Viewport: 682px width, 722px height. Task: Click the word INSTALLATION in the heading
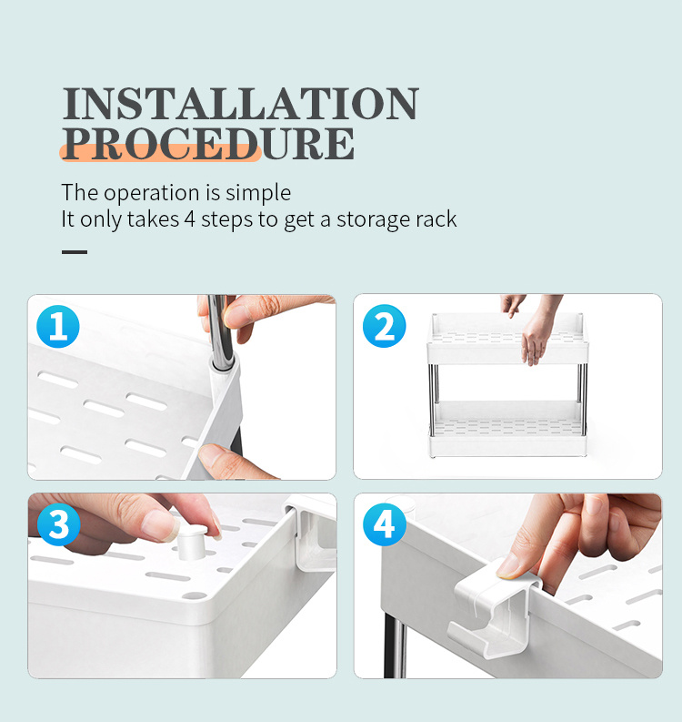(x=240, y=103)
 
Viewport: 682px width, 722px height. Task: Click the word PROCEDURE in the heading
(x=208, y=144)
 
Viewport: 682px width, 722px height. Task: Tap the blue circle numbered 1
(x=58, y=326)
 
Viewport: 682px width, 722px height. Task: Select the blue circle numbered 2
(x=384, y=326)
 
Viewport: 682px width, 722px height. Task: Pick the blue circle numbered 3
(x=58, y=524)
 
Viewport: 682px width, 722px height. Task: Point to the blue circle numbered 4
(x=385, y=524)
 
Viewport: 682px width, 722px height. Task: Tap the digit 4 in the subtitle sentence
(x=189, y=219)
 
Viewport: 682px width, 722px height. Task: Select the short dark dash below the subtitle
(x=75, y=252)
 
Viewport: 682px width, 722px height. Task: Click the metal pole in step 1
(x=221, y=331)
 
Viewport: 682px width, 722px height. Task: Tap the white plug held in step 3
(x=192, y=543)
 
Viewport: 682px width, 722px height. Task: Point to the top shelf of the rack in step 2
(x=507, y=340)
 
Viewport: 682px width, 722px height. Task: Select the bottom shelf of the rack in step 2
(x=507, y=429)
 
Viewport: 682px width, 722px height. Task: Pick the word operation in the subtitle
(x=151, y=193)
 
